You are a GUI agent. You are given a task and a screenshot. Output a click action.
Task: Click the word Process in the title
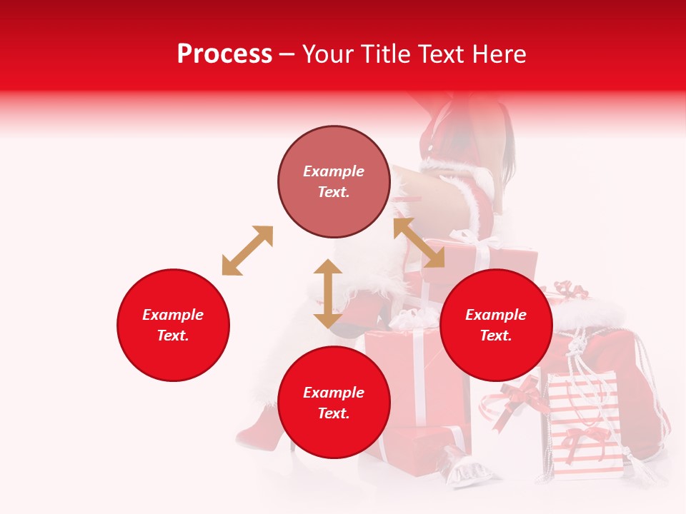224,54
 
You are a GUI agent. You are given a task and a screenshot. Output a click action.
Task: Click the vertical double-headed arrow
328,293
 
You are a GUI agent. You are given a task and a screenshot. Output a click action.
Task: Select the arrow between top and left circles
247,251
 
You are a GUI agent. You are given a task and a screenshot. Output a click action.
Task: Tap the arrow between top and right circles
419,243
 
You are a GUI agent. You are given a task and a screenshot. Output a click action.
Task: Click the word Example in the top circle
334,171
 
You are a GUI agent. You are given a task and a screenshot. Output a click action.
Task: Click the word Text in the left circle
173,336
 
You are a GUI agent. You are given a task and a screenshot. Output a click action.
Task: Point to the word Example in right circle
496,315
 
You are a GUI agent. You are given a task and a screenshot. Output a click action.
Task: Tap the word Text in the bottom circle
334,413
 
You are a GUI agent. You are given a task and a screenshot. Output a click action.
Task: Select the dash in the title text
287,54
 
